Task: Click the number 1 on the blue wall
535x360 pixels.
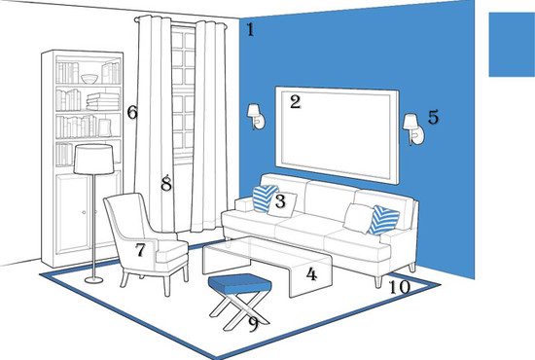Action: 250,30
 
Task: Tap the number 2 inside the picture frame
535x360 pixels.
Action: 296,102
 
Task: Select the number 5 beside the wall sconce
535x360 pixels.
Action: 433,117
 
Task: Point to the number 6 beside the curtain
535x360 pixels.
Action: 132,112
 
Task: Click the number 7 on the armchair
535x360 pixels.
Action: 140,250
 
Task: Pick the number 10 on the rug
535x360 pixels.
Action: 400,287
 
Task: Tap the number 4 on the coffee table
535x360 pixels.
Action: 311,274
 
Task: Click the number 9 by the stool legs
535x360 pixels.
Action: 253,324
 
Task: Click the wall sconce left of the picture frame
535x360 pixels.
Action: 256,117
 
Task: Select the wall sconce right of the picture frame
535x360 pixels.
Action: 413,129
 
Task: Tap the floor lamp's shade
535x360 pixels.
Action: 93,160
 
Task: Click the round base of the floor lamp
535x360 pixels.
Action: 93,280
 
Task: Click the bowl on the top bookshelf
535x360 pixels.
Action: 89,79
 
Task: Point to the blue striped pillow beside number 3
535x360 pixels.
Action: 264,198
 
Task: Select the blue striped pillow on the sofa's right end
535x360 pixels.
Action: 384,220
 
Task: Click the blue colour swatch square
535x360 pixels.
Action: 512,45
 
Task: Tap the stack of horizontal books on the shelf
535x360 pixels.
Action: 103,101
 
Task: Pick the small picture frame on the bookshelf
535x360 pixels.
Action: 105,127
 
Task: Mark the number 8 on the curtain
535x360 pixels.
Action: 166,183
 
